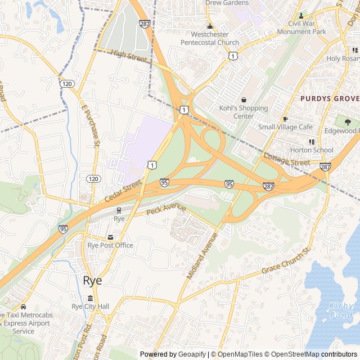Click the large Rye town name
[x=93, y=281]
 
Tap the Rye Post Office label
[x=110, y=245]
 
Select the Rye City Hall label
[x=91, y=307]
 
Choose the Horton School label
[x=311, y=150]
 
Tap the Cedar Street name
[x=123, y=191]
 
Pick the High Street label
[x=129, y=56]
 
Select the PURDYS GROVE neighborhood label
[x=329, y=98]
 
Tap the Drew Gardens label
[x=227, y=3]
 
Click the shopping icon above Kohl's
[x=244, y=100]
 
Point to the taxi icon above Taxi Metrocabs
[x=23, y=307]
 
